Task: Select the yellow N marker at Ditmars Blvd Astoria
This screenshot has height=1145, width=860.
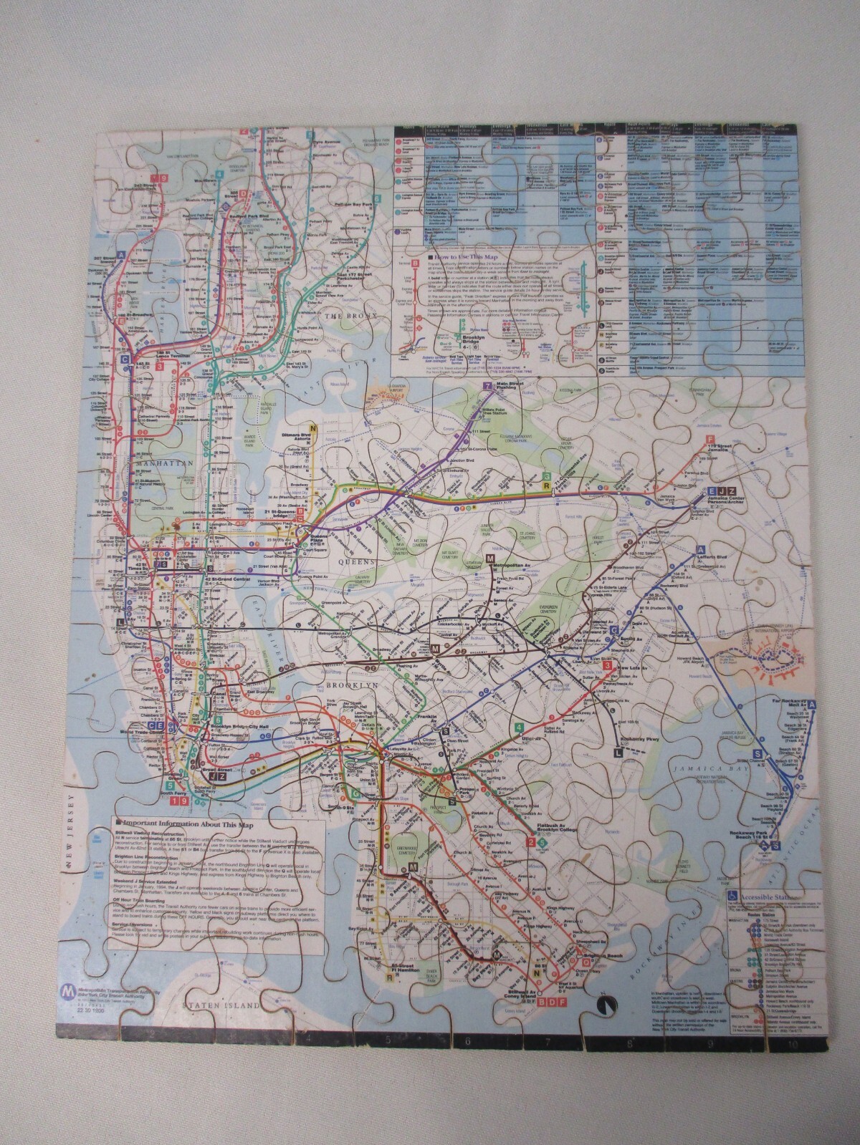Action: (x=312, y=425)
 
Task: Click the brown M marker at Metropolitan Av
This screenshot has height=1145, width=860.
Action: (x=490, y=558)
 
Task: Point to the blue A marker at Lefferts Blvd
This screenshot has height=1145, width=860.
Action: (x=700, y=549)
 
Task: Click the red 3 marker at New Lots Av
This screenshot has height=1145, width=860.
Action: (x=607, y=666)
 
